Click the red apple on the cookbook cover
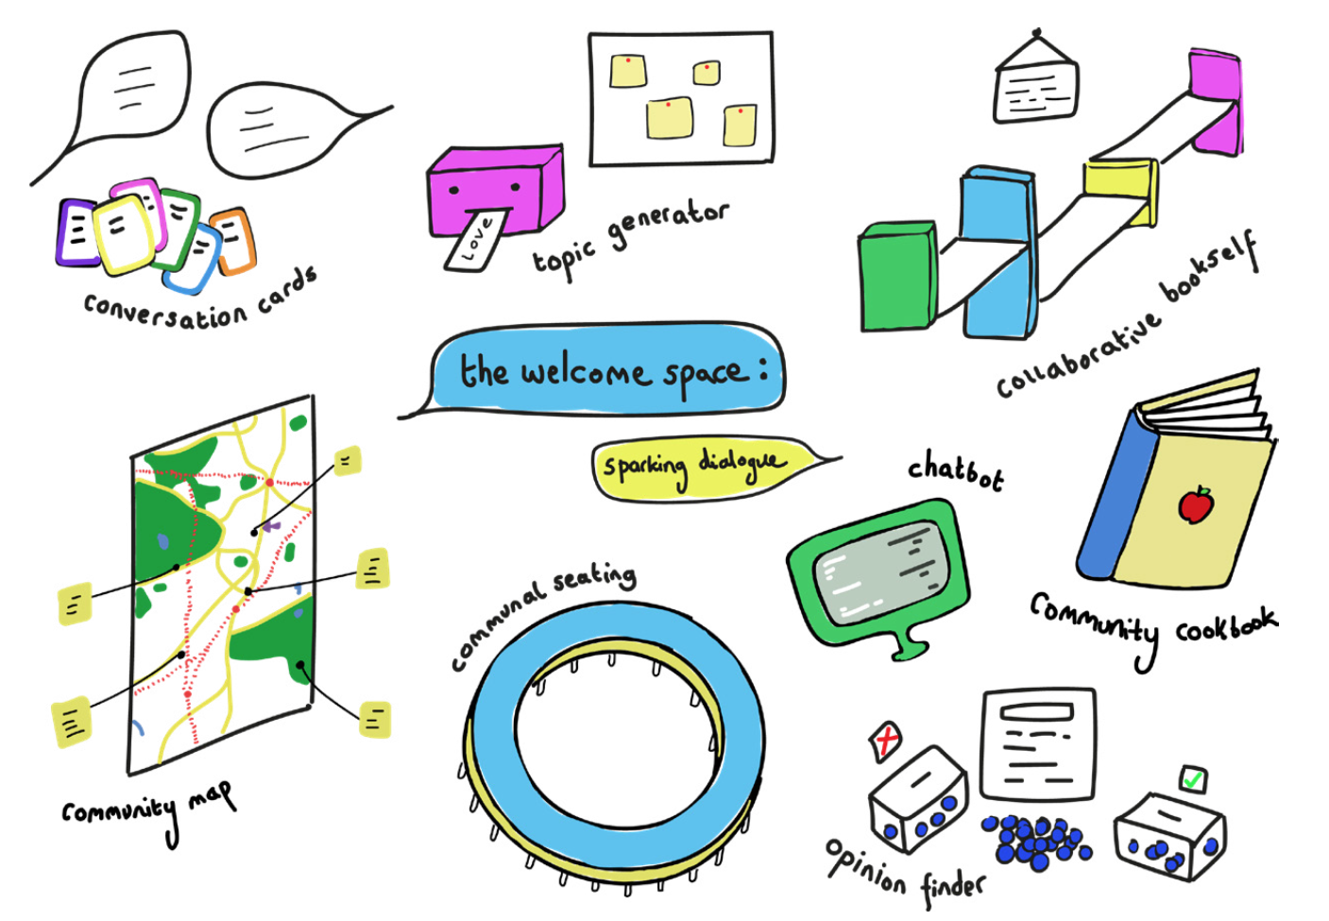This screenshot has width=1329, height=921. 1196,504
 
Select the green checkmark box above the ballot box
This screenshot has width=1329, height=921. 1193,779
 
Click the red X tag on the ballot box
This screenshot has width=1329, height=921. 886,741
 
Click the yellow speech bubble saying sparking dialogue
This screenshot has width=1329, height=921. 699,467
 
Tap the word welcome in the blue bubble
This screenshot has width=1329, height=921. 585,372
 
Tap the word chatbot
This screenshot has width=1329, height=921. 955,471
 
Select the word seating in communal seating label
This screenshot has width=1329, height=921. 594,578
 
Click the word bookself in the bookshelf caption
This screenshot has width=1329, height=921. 1211,268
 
